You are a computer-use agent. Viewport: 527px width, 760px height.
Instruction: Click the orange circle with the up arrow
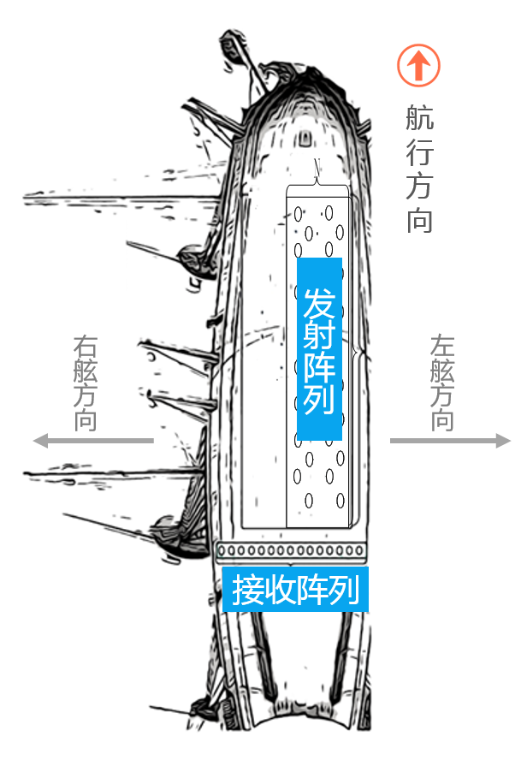[417, 65]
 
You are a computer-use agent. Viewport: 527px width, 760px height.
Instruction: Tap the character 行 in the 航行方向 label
[419, 153]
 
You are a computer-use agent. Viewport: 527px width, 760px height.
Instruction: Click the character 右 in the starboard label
[86, 345]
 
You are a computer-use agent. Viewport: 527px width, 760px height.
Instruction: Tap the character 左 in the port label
[442, 345]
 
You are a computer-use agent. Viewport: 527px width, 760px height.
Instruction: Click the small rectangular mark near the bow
[306, 138]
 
